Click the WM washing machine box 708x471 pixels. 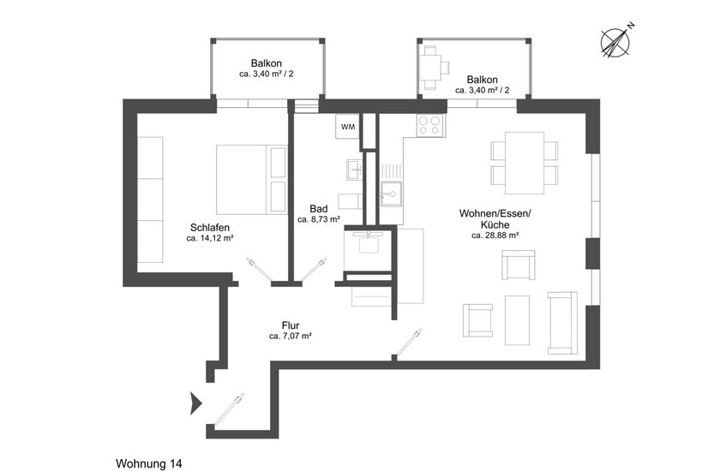[x=348, y=127]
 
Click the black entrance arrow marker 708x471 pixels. [x=195, y=402]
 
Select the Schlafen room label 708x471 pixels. [x=209, y=228]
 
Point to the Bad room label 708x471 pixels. [x=318, y=209]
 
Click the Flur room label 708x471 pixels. [x=291, y=325]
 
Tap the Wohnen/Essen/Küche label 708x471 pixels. [x=495, y=219]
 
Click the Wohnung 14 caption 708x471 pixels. [x=149, y=463]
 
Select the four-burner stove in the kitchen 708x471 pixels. [x=429, y=125]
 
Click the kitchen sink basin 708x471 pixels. [x=391, y=194]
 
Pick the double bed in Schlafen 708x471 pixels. [x=251, y=179]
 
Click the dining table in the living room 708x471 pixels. [x=525, y=163]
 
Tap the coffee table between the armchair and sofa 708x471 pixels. [x=517, y=320]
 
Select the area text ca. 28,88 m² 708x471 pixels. [x=495, y=235]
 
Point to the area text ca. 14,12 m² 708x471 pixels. [x=209, y=238]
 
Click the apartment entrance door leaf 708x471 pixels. [x=229, y=409]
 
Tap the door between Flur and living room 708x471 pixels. [x=407, y=343]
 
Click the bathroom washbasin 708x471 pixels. [x=355, y=170]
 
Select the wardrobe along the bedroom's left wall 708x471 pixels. [x=149, y=200]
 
